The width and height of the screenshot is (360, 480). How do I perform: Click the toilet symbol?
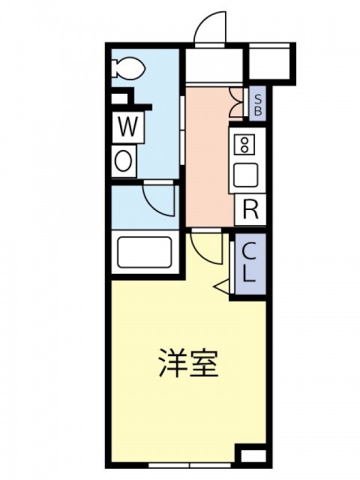click(x=128, y=68)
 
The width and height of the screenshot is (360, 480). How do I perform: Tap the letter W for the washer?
click(x=128, y=127)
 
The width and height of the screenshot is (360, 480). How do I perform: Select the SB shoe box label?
click(x=258, y=104)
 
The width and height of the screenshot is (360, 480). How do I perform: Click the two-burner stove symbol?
click(x=244, y=145)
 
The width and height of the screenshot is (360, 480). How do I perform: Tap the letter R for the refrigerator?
click(x=250, y=209)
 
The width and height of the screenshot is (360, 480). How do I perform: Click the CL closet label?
click(x=248, y=262)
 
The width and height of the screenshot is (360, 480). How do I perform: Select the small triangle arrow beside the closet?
click(x=222, y=286)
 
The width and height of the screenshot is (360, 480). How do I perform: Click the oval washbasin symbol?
click(x=124, y=161)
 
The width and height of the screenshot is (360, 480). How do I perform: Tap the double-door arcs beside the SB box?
click(x=236, y=103)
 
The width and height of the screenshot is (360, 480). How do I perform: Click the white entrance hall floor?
click(x=214, y=65)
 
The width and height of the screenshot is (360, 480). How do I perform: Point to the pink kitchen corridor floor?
click(x=210, y=156)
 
